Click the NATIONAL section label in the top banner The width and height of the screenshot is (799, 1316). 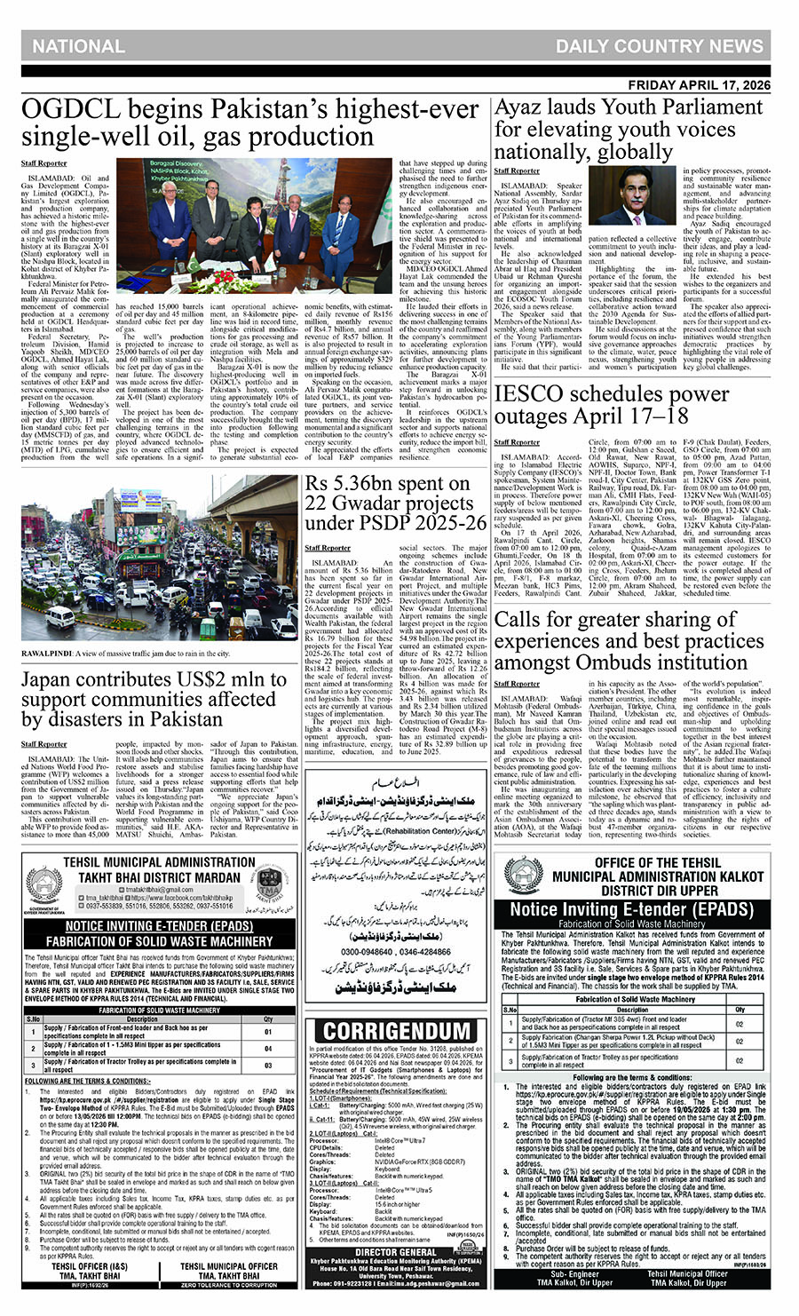[78, 47]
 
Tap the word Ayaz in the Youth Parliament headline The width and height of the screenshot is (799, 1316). [524, 108]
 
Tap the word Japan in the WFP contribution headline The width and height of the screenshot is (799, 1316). [54, 680]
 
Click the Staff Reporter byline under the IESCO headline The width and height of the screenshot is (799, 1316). [517, 441]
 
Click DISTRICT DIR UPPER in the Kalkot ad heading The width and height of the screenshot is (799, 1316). [645, 891]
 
